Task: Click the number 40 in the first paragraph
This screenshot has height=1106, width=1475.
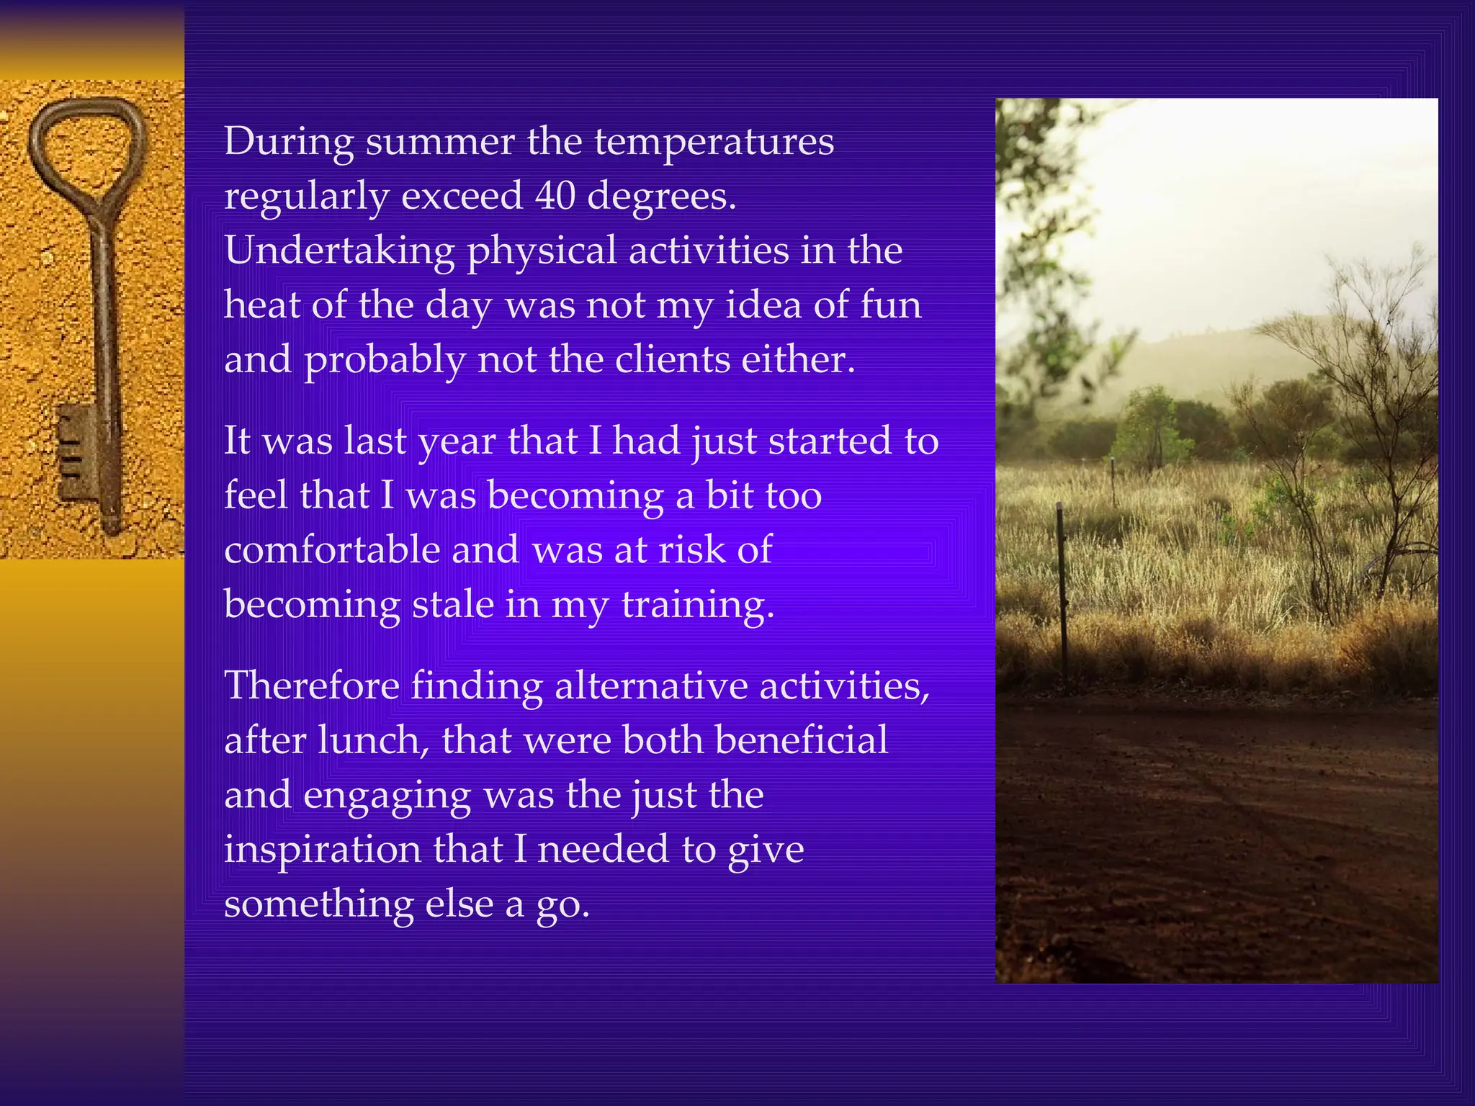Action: pos(555,196)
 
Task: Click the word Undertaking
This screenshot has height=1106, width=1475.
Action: pos(339,252)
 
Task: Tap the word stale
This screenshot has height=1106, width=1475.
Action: pos(452,604)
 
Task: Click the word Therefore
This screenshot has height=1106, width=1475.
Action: pos(312,685)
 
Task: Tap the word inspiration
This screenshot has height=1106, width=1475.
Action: pos(322,850)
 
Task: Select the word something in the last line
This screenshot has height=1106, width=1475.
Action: pos(318,905)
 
